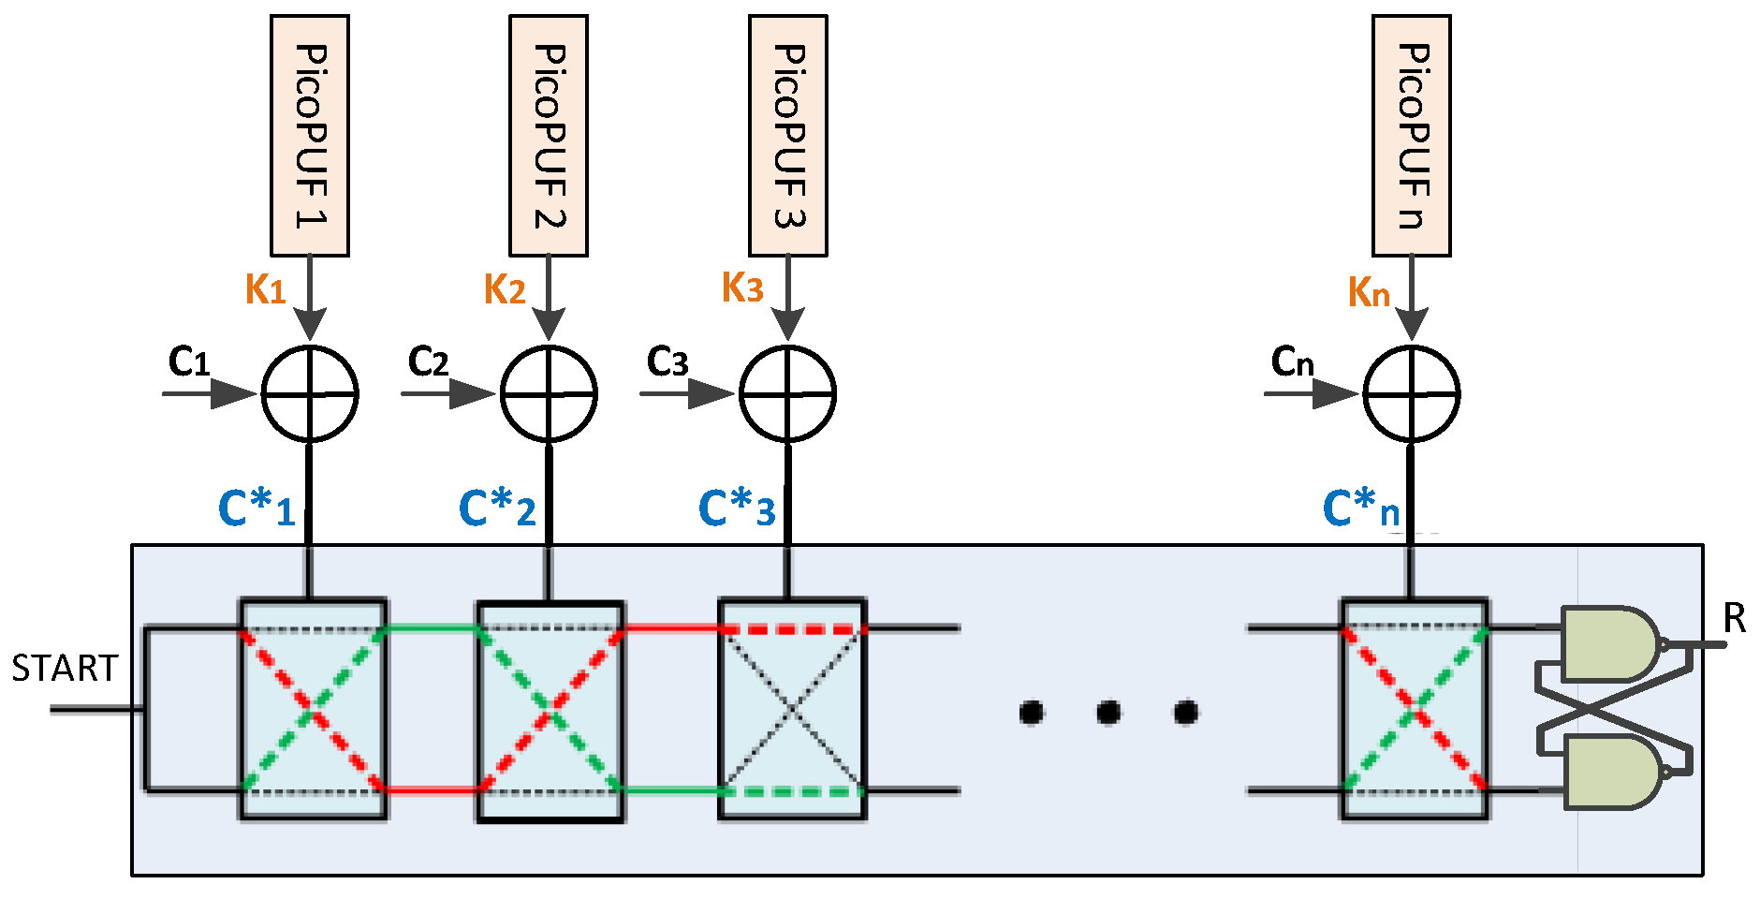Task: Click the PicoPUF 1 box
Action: click(x=310, y=136)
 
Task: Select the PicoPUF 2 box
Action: click(x=549, y=136)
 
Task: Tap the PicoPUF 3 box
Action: click(x=788, y=136)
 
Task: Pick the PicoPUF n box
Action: click(x=1412, y=136)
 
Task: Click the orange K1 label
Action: click(x=265, y=289)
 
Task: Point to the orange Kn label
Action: click(x=1368, y=293)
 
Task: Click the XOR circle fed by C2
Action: click(x=549, y=394)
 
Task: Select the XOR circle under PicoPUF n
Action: click(x=1412, y=394)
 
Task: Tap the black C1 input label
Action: click(x=189, y=361)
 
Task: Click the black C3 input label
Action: click(x=667, y=361)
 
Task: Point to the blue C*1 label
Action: click(x=256, y=509)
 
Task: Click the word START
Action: click(x=64, y=669)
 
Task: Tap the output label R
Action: click(x=1735, y=619)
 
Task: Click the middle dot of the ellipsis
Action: click(x=1108, y=713)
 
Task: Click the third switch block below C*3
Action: click(x=792, y=710)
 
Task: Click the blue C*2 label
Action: click(x=497, y=509)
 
